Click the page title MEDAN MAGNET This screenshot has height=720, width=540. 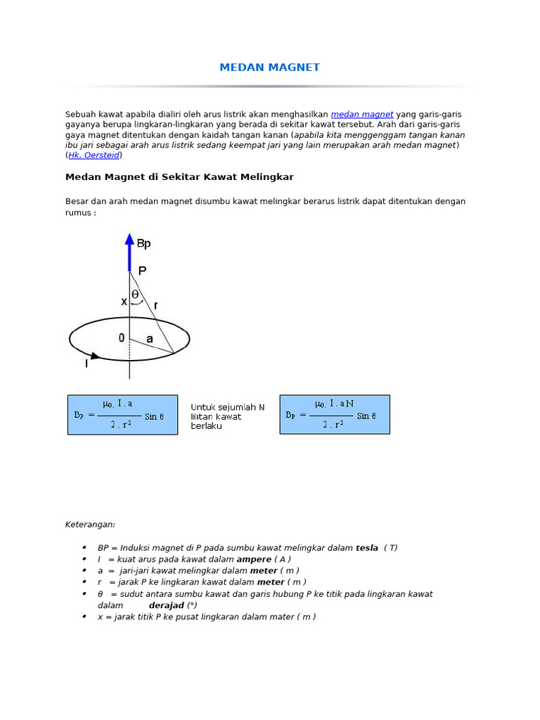[x=269, y=67]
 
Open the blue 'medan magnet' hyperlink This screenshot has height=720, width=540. [x=361, y=114]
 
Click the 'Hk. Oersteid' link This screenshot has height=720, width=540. [x=95, y=155]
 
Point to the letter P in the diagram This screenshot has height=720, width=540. [x=143, y=271]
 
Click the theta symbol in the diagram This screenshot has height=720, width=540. [x=135, y=295]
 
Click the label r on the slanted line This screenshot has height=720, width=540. [x=155, y=305]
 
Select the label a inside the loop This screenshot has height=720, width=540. [x=149, y=339]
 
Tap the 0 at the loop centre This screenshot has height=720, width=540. [x=122, y=338]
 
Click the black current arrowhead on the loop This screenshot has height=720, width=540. [x=105, y=356]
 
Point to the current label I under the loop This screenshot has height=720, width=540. [x=86, y=364]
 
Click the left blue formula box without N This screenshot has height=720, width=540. [x=122, y=415]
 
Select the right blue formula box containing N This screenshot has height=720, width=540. [x=335, y=415]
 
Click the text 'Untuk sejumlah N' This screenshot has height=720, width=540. [x=228, y=407]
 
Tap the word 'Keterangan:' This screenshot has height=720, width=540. [x=90, y=525]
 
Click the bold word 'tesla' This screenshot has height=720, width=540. [x=367, y=548]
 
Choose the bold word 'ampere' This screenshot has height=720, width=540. [x=254, y=559]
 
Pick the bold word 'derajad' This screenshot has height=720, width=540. [x=166, y=605]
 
